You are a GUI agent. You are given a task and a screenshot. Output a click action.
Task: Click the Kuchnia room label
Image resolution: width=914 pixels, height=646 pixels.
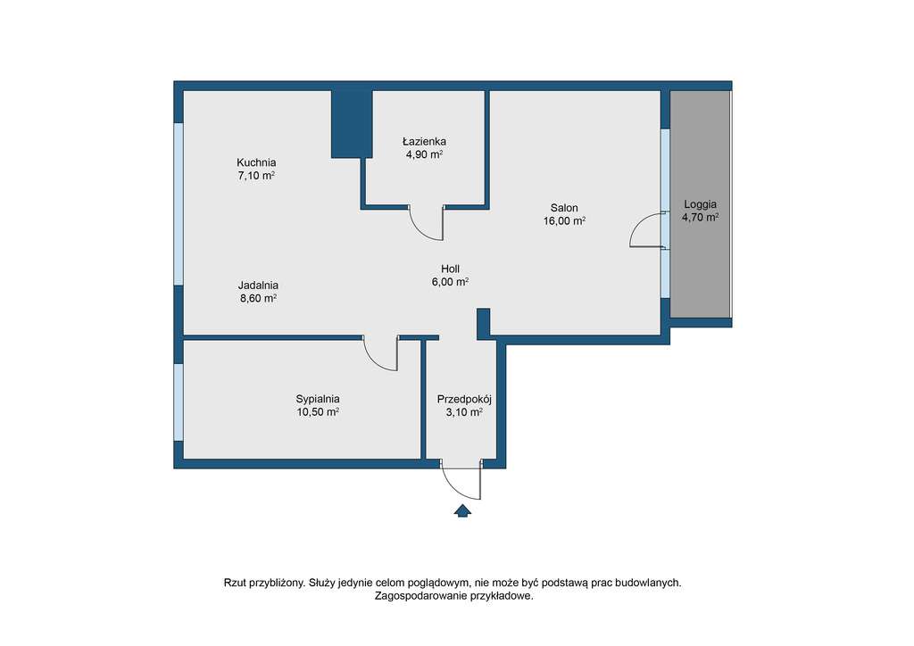256,162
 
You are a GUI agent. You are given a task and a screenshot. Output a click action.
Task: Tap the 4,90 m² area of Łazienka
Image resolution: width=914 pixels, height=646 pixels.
424,154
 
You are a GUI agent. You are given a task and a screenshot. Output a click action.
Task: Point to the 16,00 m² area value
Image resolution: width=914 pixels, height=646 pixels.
564,221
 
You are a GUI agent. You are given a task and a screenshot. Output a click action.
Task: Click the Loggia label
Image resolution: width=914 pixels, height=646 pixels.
700,203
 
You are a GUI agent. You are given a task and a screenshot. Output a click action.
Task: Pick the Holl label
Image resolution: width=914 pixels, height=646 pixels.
450,269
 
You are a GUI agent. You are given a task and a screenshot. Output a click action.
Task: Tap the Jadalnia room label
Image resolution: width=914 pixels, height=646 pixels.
258,286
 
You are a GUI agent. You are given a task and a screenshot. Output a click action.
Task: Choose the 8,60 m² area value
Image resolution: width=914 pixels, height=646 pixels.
258,299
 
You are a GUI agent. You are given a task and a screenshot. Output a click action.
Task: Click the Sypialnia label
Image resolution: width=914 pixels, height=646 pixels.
318,399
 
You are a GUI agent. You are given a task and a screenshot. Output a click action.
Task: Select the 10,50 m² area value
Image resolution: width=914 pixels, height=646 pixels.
318,412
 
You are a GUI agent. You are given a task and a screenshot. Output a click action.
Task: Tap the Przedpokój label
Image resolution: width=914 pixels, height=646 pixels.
464,399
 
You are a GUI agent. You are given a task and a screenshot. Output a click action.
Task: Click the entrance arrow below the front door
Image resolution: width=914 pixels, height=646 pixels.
462,511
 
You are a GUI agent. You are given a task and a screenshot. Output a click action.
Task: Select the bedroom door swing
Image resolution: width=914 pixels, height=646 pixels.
382,353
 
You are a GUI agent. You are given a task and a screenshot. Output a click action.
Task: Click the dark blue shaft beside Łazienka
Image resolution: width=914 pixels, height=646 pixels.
352,123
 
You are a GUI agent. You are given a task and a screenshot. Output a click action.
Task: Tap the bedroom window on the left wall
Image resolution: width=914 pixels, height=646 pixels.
179,402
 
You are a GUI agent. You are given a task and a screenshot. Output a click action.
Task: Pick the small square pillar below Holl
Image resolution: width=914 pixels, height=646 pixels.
484,322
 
